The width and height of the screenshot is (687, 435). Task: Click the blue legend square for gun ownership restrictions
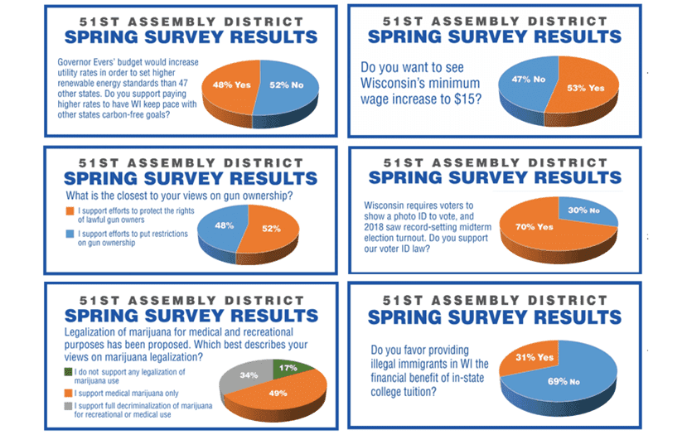tap(70, 234)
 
